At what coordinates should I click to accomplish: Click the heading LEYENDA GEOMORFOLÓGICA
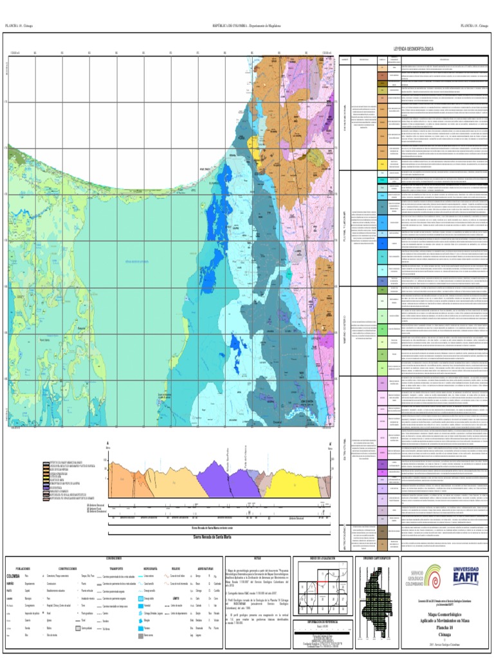pos(409,49)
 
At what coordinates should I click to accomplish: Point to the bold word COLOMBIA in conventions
pos(14,576)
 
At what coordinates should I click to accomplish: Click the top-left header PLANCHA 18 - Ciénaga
pos(19,26)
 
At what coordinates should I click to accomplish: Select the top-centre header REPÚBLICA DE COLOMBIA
pos(246,26)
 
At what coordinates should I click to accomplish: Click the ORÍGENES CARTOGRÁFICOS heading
pos(376,558)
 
